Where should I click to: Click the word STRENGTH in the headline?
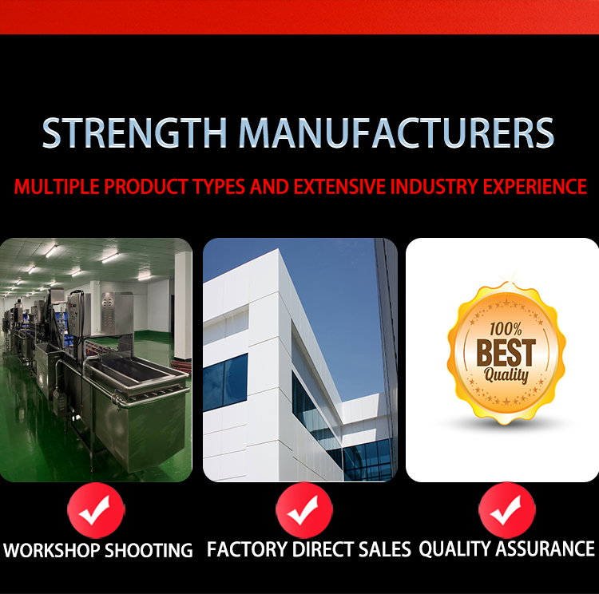pos(135,133)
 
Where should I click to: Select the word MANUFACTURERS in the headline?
pos(396,133)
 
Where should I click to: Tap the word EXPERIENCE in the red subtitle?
pos(535,186)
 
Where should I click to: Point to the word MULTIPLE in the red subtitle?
pos(57,186)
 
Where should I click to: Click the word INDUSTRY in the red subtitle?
pos(434,186)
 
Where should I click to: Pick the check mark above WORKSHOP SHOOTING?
pos(96,510)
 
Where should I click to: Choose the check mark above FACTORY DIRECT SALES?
pos(303,510)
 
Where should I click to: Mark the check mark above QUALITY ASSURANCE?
pos(506,510)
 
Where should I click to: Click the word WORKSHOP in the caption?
pos(52,550)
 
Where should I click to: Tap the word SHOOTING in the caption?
pos(149,550)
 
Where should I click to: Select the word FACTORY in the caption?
pos(247,549)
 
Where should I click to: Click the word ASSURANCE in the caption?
pos(545,548)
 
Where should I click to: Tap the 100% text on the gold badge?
pos(506,329)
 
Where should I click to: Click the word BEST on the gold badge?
pos(506,353)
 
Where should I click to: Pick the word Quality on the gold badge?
pos(506,375)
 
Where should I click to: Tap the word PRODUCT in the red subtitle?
pos(145,186)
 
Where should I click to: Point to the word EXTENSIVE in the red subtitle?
pos(339,186)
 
